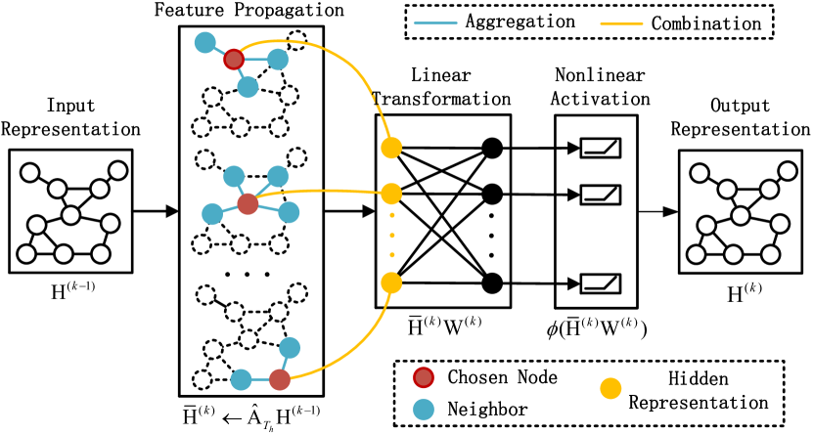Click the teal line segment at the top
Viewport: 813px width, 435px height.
[435, 22]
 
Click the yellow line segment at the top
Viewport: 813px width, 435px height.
[621, 23]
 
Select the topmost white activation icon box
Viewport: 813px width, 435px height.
[600, 148]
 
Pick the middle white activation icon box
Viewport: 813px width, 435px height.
[600, 195]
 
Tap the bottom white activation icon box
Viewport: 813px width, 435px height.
[600, 283]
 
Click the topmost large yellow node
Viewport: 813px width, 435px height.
[391, 148]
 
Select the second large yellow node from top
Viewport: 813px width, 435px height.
[391, 194]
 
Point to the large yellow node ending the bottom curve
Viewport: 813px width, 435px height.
[391, 283]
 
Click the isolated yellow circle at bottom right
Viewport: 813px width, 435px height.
[610, 388]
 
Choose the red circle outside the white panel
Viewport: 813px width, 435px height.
[424, 377]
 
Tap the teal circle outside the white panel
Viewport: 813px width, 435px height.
[424, 410]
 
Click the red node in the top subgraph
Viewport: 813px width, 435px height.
[234, 60]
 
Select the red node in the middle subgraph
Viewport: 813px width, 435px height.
[248, 204]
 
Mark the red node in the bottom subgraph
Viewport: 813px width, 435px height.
[280, 379]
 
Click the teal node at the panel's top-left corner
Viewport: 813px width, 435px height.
[205, 43]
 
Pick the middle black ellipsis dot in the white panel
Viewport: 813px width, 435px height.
[247, 275]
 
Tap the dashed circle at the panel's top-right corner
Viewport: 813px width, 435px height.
[296, 41]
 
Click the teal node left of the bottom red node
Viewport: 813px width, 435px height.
[241, 379]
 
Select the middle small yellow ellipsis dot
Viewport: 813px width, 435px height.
[392, 236]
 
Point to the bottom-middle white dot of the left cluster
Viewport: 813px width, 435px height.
[64, 254]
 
